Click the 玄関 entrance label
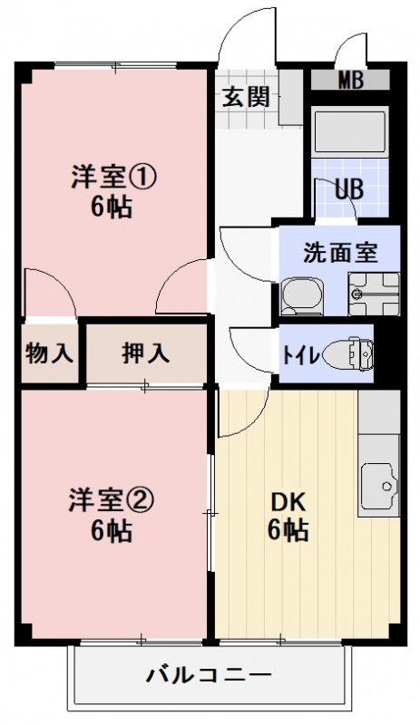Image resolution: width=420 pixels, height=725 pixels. (246, 95)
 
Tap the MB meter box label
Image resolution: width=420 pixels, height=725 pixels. (350, 80)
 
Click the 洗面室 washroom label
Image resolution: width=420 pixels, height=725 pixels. (339, 252)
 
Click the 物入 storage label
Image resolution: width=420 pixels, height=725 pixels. (49, 353)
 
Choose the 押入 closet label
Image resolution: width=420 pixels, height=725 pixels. (146, 353)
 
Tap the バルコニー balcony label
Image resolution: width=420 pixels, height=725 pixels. (209, 675)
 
